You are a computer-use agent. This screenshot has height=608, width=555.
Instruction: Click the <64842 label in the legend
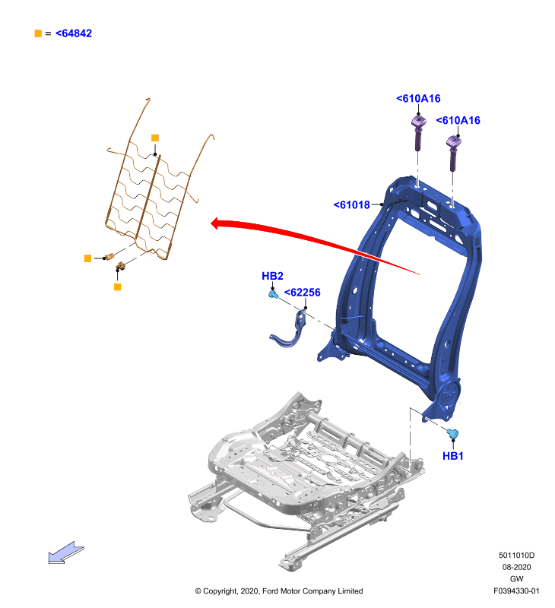74,33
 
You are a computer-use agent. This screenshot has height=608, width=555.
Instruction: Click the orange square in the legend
38,33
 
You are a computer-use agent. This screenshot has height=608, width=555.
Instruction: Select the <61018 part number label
352,204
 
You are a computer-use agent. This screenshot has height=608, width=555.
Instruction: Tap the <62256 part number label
303,293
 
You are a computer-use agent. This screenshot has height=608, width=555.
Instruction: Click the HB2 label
272,276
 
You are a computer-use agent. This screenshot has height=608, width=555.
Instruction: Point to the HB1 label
453,456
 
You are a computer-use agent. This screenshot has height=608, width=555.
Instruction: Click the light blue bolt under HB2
273,295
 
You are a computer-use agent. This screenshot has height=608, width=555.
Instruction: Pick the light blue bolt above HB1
452,433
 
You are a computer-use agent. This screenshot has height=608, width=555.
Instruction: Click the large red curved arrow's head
217,223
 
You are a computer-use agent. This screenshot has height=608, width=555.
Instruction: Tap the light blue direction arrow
65,553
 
